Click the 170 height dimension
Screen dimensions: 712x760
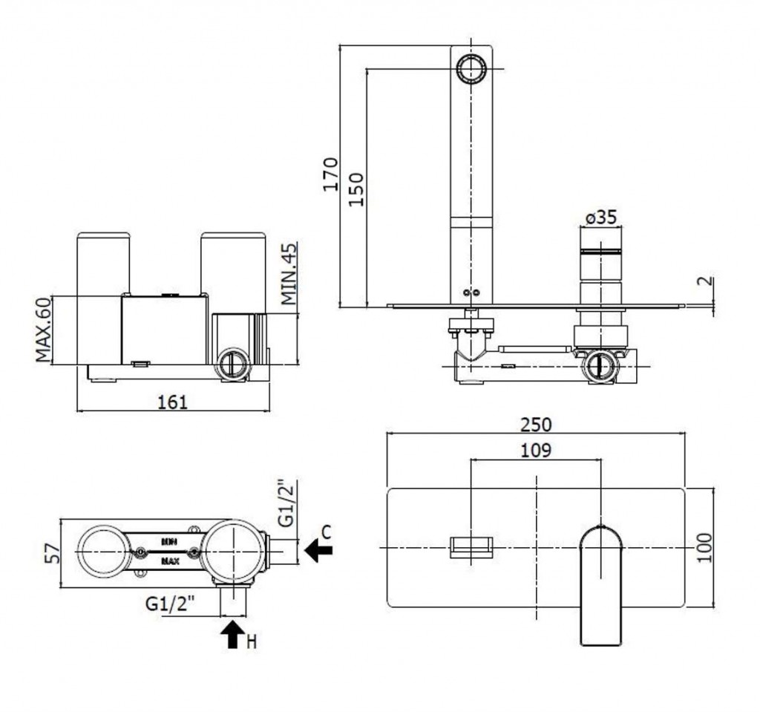pos(331,174)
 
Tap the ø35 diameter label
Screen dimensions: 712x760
pos(600,218)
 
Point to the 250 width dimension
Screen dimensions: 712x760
pos(536,424)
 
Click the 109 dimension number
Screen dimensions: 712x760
pos(536,450)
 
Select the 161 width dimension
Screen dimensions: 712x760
pos(173,402)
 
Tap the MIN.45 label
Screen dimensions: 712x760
pos(288,274)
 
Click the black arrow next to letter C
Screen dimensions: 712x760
pos(319,550)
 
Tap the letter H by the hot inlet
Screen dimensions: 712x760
pos(251,641)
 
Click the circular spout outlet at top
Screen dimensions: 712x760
pos(471,70)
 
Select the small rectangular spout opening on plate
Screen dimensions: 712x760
pos(471,547)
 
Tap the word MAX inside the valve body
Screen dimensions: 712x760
pos(170,561)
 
